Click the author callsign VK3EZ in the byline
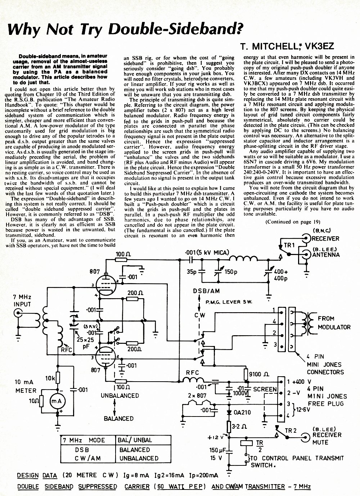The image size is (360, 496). click(x=319, y=46)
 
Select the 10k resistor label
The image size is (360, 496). click(x=50, y=378)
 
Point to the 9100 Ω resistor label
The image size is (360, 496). click(x=259, y=374)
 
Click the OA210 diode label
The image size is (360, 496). click(x=242, y=412)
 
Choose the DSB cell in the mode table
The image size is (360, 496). click(x=82, y=450)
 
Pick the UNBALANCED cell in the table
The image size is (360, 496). click(x=139, y=458)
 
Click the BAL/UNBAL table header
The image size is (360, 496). click(x=135, y=440)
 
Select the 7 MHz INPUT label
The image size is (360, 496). click(x=22, y=300)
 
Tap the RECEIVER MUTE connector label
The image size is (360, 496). click(x=327, y=439)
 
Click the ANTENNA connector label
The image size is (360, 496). click(x=326, y=255)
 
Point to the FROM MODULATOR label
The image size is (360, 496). click(x=334, y=323)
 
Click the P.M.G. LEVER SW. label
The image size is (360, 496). click(x=229, y=302)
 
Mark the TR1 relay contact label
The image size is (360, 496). click(x=289, y=245)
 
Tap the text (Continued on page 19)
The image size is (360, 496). click(x=293, y=222)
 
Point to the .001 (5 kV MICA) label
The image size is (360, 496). click(x=207, y=252)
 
